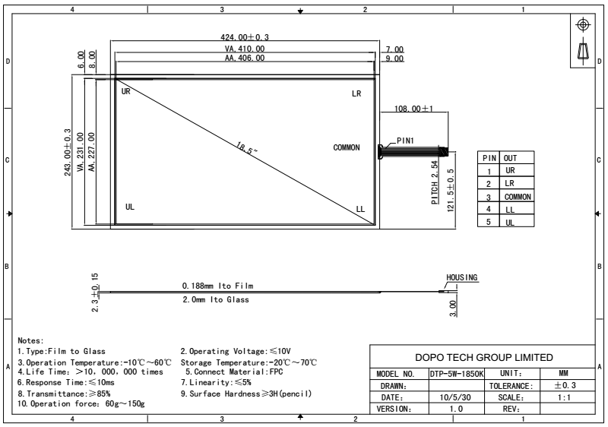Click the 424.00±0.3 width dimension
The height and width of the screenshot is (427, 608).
coord(245,37)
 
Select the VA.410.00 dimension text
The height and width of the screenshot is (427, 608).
coord(245,49)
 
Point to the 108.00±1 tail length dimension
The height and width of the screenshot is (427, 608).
coord(413,109)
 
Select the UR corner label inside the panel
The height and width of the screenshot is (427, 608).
coord(126,91)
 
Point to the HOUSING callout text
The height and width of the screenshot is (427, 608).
coord(462,277)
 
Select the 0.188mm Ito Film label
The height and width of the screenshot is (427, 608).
coord(217,286)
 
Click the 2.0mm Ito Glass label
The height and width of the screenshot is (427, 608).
coord(215,299)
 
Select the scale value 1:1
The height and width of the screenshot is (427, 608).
coord(564,397)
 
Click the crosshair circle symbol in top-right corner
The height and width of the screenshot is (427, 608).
coord(583,24)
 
